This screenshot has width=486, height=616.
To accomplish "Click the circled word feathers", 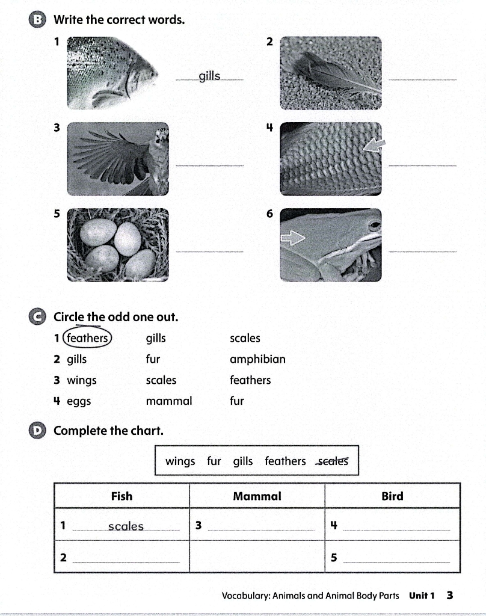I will point(87,338).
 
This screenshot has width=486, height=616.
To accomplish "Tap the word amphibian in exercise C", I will point(257,360).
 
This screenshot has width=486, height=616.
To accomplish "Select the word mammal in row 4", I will point(169,401).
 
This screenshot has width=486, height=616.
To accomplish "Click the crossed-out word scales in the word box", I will point(333,461).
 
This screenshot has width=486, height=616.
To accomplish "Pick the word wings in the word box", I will point(180,461).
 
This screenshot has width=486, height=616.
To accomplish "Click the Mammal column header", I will point(257,496).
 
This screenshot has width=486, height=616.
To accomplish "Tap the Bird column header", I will point(392,496).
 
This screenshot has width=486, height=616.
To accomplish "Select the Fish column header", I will point(121,496).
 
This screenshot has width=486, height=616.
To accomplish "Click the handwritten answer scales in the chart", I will point(126,526).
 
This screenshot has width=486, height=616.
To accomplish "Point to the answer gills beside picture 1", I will point(209,76).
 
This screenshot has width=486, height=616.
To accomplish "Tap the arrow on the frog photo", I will point(293,239).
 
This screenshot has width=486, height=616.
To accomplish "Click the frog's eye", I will point(374,226).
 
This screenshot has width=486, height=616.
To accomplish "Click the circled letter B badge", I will point(38,20).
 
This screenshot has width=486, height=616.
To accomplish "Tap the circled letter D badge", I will point(38,431).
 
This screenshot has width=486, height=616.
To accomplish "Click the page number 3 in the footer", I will point(450,596).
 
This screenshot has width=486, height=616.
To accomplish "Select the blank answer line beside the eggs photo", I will point(209,251).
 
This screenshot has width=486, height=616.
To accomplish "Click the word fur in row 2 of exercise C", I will point(153,360).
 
